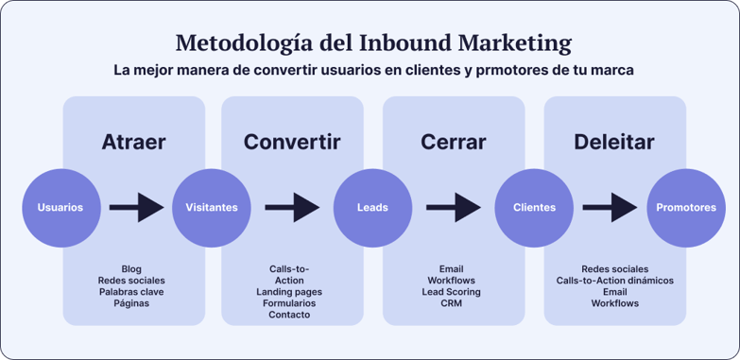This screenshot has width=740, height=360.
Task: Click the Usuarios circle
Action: click(60, 207)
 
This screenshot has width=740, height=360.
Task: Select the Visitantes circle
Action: click(212, 207)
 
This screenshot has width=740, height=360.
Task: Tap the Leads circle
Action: click(372, 207)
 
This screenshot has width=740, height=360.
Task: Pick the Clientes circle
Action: click(534, 207)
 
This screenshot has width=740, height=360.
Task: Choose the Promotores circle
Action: click(685, 207)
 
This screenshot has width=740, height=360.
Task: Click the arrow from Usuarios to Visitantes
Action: click(136, 207)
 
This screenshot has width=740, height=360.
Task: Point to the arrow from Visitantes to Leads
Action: click(292, 207)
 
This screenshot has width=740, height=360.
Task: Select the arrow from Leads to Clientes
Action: click(454, 207)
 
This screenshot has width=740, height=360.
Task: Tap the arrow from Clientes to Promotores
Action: click(610, 207)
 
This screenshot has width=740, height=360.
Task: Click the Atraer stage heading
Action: click(133, 143)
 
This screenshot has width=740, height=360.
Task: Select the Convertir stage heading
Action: click(292, 143)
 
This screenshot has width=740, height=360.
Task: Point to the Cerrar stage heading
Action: click(453, 143)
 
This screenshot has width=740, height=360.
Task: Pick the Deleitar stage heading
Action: click(614, 143)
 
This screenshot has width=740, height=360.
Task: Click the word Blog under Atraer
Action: click(131, 269)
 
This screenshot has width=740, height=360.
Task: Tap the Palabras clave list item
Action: click(131, 292)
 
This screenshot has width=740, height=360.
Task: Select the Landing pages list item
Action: click(289, 292)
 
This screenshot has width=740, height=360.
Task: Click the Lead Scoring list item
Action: click(451, 292)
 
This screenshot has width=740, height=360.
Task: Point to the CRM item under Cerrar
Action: click(451, 303)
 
